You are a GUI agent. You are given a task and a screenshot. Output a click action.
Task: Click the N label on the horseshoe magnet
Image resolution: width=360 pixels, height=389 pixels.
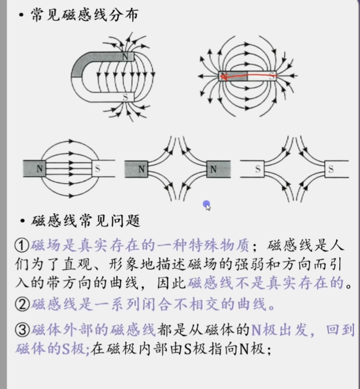point(126,57)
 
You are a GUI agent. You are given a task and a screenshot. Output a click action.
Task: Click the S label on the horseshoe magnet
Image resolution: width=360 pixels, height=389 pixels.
point(126,96)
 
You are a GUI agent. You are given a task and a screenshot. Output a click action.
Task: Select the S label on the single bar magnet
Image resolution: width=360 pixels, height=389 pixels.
point(273,76)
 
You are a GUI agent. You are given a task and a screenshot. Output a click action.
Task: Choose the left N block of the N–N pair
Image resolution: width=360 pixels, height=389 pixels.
point(142,169)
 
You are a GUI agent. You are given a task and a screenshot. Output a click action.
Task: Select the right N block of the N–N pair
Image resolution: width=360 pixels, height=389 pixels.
point(213,169)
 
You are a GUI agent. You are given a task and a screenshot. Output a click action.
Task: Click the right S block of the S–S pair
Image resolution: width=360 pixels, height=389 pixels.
point(331,169)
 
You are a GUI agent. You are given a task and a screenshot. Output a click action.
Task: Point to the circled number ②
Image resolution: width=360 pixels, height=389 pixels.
point(21,304)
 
